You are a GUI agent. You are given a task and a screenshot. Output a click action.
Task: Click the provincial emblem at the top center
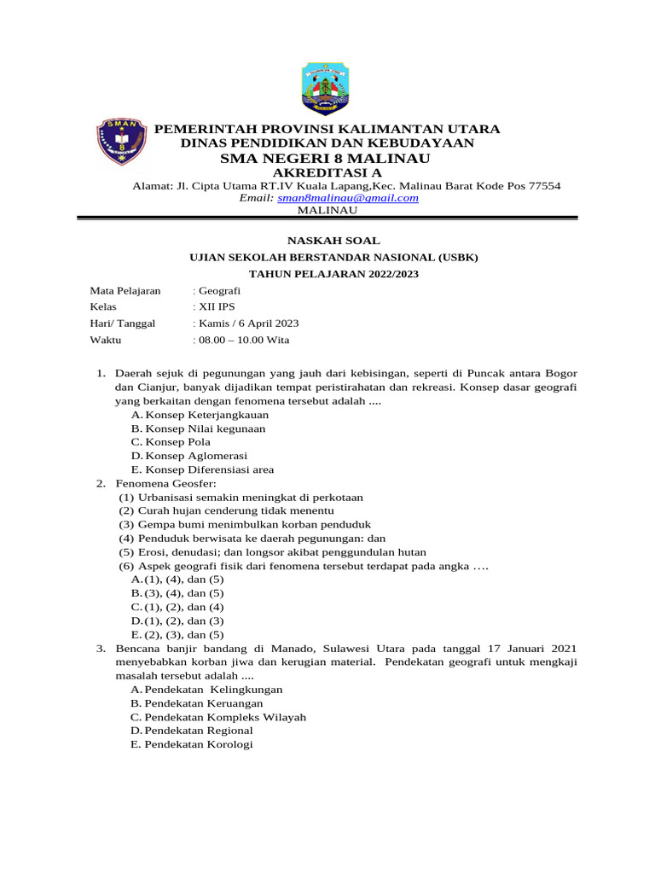click(327, 88)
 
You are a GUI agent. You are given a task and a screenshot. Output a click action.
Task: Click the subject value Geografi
click(220, 291)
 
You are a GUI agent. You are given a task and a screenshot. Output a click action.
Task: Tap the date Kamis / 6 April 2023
click(247, 323)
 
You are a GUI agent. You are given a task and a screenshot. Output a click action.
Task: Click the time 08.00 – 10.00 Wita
click(243, 340)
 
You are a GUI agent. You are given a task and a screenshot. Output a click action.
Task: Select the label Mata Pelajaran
click(125, 291)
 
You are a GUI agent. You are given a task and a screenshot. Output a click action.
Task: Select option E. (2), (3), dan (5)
click(177, 635)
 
